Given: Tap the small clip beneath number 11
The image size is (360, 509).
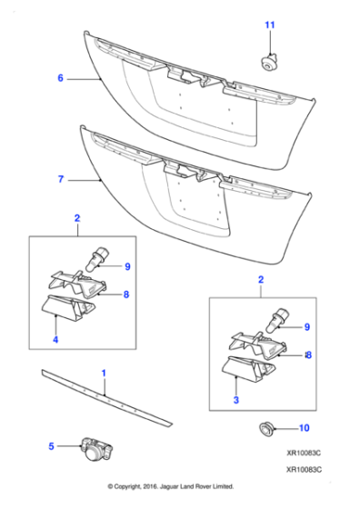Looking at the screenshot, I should [267, 62].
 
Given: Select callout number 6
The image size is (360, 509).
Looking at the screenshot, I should [61, 79].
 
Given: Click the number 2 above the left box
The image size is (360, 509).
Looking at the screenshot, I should [76, 218].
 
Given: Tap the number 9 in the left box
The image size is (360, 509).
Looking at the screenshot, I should [128, 266].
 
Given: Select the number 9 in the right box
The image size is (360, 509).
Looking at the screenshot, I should [306, 326].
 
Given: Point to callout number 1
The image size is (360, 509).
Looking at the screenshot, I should [104, 374].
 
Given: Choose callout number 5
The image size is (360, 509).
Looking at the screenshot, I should [52, 445].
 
